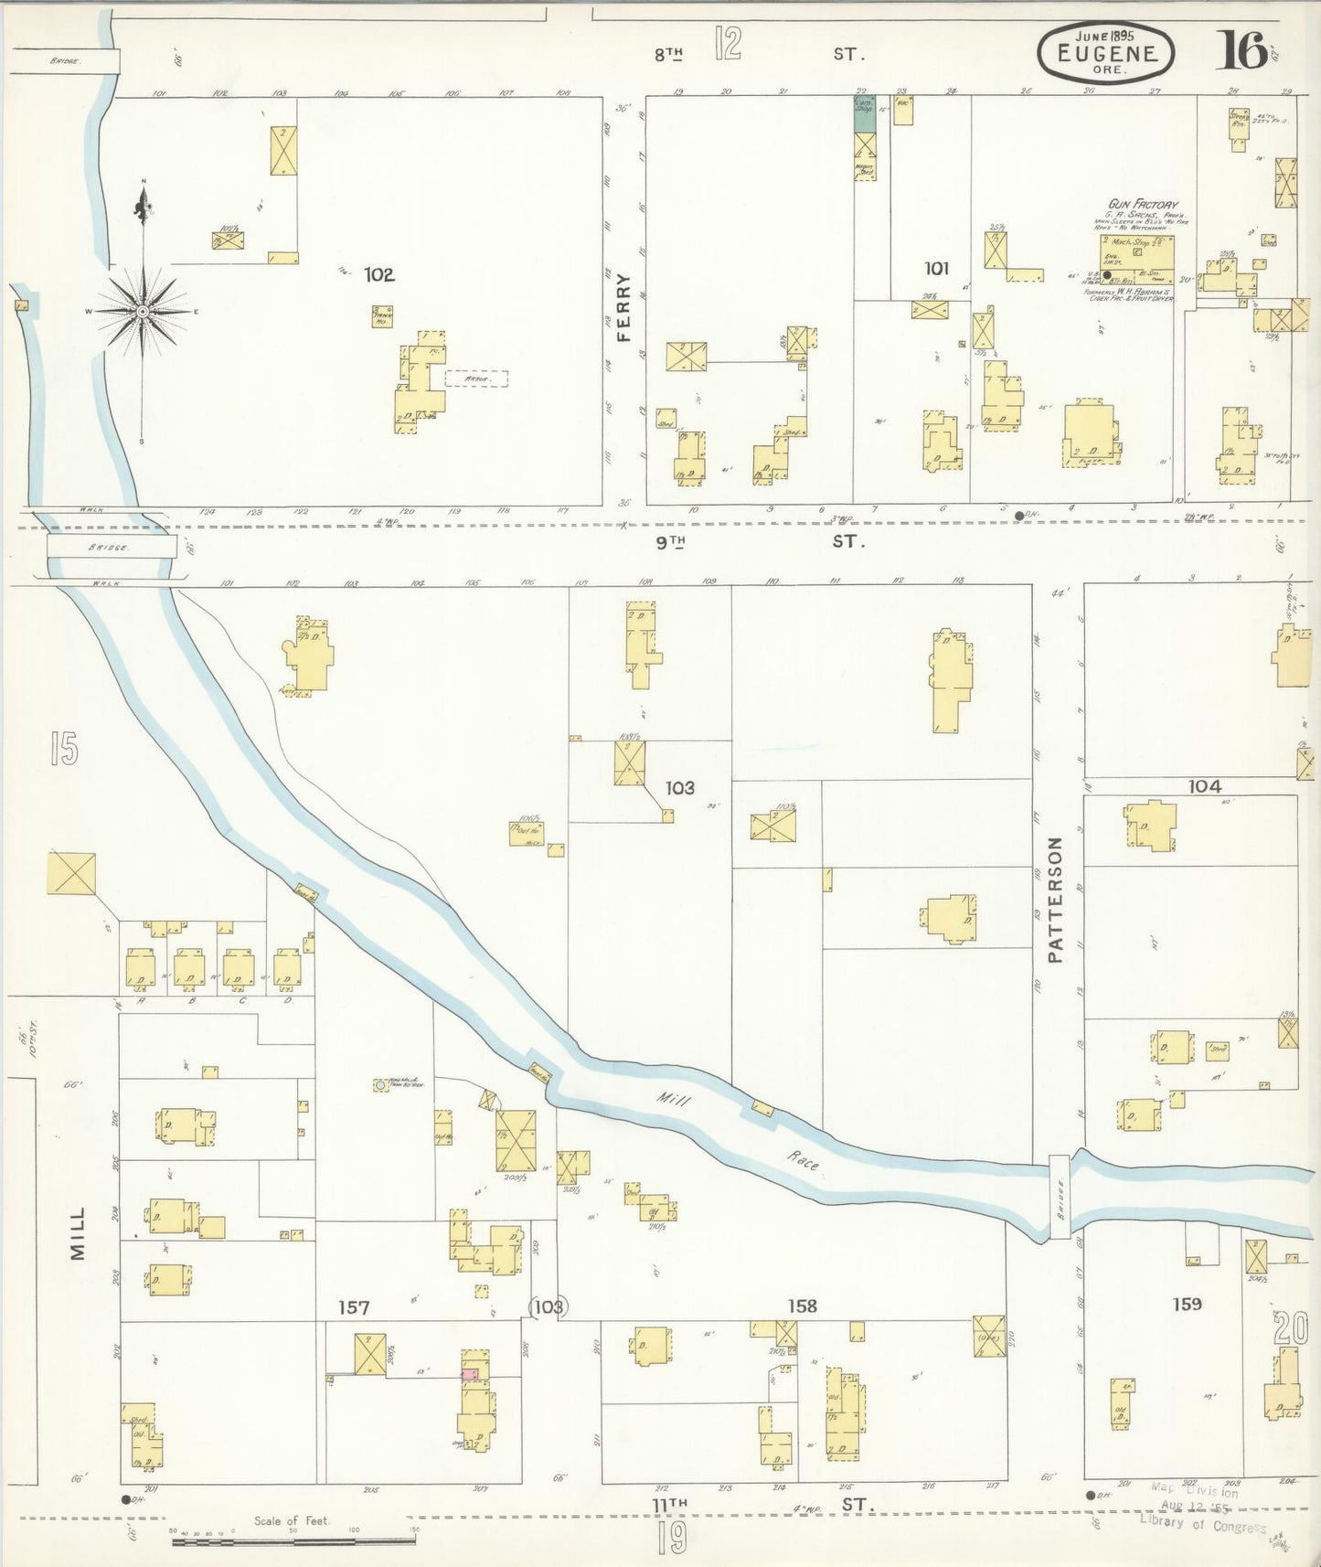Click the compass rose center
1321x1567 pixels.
(144, 312)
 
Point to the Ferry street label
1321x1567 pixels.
(624, 306)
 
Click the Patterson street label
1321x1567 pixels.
(1058, 900)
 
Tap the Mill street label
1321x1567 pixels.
(78, 1233)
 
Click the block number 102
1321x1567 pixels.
(378, 274)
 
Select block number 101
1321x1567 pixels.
(935, 269)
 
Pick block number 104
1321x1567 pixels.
(1204, 785)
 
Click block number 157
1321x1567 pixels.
(354, 1308)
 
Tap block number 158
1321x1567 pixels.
(802, 1306)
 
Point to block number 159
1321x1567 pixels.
(1187, 1304)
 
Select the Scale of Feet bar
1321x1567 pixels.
(293, 1541)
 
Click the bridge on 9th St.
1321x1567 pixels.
(112, 548)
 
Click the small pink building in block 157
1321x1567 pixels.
(470, 1373)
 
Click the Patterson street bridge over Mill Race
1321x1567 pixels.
(1059, 1197)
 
